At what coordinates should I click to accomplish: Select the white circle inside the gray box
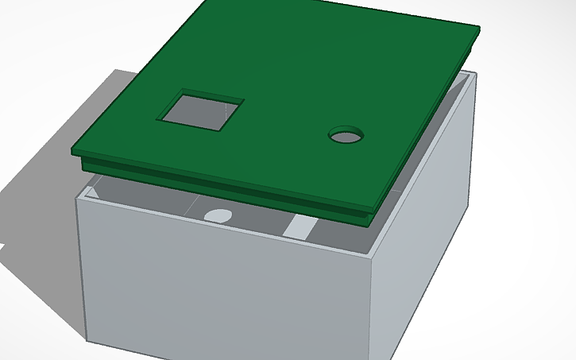click(x=217, y=215)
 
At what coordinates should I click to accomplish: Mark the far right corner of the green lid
click(x=479, y=29)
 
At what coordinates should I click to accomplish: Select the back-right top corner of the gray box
click(x=474, y=74)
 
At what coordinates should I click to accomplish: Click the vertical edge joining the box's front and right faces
click(x=375, y=310)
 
